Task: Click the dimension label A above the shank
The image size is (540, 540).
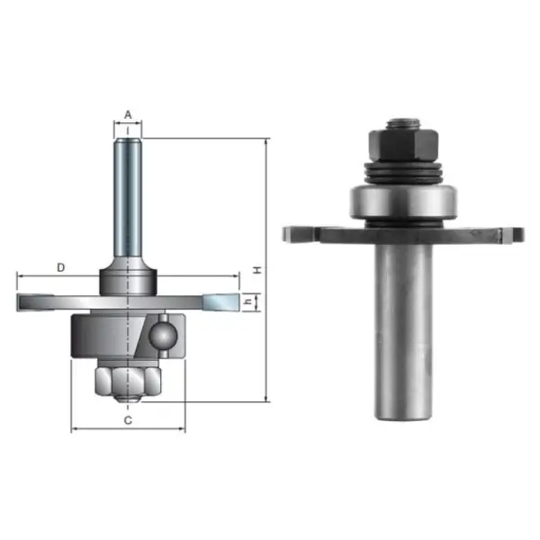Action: pos(128,114)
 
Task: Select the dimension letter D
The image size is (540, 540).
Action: pos(60,267)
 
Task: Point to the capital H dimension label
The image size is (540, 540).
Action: pos(256,269)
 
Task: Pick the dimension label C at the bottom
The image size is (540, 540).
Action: pos(128,419)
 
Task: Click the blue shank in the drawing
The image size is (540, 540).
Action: pos(128,198)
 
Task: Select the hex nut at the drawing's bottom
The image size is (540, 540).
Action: pos(127,382)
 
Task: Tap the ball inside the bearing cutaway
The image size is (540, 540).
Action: pos(163,335)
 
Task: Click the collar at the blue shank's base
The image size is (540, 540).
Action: pos(128,273)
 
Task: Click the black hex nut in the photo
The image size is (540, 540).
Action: pos(402,144)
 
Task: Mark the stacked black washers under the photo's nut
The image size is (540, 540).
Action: pos(402,172)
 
